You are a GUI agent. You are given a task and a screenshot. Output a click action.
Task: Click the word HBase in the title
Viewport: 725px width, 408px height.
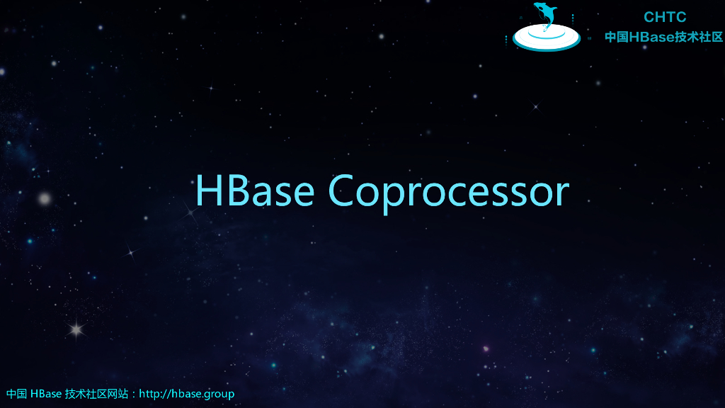254,191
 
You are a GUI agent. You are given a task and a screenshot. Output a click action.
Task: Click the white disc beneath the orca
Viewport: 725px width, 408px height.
546,35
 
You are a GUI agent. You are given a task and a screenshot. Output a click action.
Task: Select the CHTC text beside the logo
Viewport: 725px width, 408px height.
665,17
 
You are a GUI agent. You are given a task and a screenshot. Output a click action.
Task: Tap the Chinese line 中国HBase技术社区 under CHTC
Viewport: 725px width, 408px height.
663,37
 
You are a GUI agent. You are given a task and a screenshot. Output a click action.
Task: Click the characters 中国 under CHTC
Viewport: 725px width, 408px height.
617,37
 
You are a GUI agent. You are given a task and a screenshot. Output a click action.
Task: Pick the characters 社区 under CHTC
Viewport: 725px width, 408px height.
711,37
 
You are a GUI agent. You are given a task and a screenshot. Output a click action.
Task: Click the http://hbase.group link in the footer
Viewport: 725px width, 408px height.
187,394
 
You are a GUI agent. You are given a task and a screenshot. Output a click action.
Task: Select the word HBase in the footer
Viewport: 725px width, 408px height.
46,394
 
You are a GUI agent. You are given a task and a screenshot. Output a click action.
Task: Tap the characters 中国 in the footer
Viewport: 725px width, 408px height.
16,394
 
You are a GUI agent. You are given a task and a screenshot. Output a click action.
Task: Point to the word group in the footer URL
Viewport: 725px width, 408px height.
219,394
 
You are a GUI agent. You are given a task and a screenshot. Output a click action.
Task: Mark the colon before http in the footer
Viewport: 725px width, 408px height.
135,395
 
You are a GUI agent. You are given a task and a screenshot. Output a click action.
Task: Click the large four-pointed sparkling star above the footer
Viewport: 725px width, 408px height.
75,329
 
